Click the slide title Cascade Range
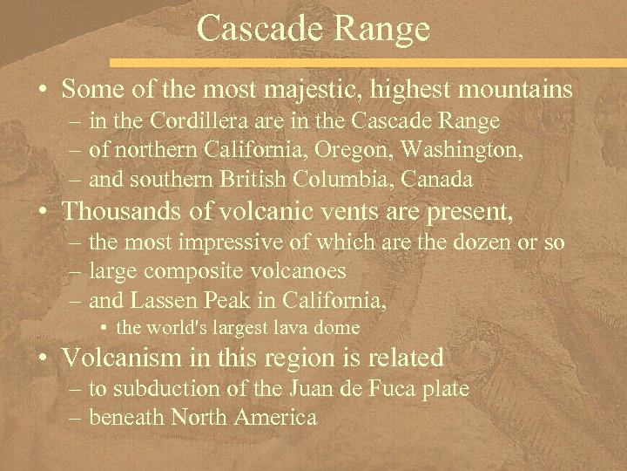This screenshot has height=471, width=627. click(313, 28)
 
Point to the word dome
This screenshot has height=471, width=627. click(340, 327)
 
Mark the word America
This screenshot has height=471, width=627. click(279, 418)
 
